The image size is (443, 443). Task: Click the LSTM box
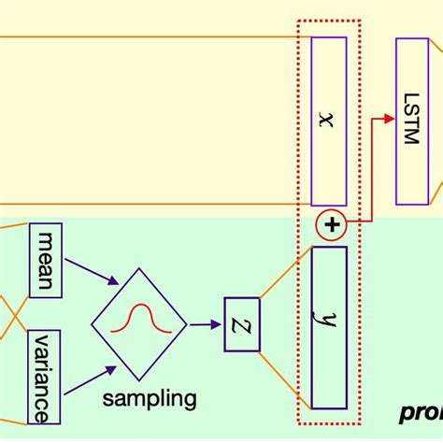(412, 121)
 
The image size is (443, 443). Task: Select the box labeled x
(328, 121)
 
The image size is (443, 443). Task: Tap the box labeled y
(328, 326)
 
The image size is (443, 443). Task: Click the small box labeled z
(242, 324)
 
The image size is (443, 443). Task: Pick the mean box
(46, 259)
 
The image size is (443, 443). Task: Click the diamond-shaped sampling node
(138, 323)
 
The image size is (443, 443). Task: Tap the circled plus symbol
(332, 225)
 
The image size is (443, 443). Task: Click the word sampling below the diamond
(150, 399)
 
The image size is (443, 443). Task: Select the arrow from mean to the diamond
(93, 272)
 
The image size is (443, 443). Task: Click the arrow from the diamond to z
(205, 324)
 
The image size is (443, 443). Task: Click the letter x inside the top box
(324, 121)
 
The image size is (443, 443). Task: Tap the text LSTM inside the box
(413, 119)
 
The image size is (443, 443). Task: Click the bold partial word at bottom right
(421, 411)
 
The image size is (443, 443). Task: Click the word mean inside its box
(46, 259)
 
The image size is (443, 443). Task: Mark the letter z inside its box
(242, 324)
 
